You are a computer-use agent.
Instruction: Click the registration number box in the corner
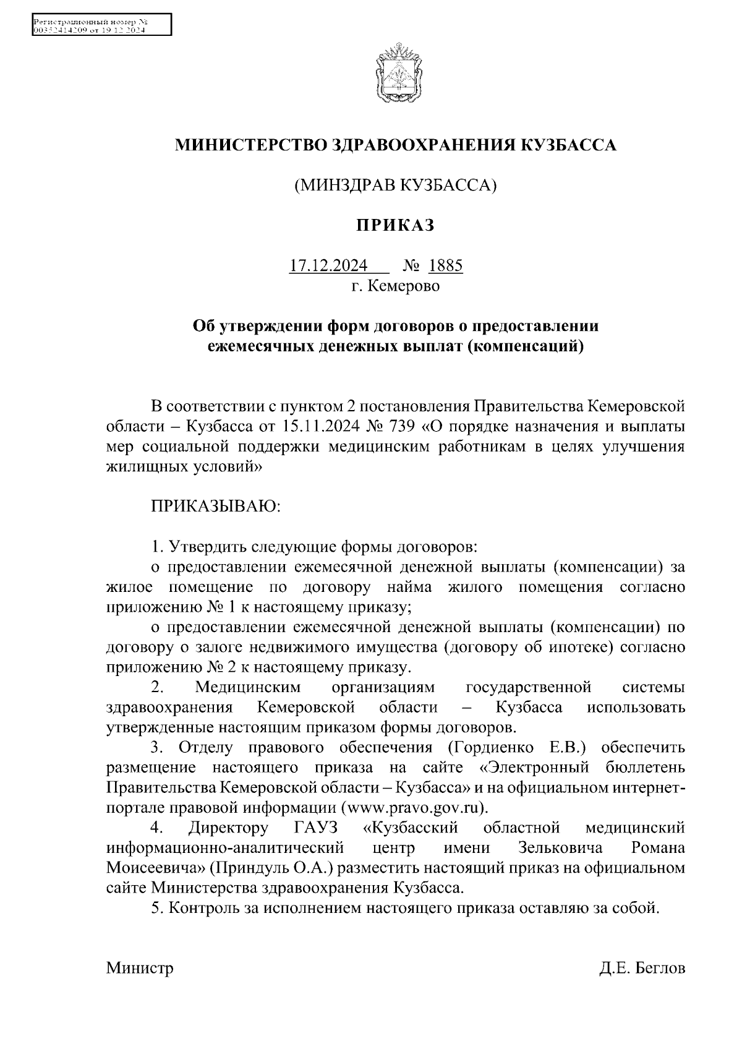(x=101, y=26)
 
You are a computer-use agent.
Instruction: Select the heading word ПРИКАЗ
(x=394, y=226)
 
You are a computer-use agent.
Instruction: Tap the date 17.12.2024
(x=328, y=266)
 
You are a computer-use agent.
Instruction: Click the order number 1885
(x=445, y=266)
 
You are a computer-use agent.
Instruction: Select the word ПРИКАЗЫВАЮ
(x=216, y=507)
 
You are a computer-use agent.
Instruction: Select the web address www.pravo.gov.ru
(x=415, y=808)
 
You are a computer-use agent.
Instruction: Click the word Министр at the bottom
(x=140, y=968)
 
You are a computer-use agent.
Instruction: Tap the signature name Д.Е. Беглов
(x=642, y=968)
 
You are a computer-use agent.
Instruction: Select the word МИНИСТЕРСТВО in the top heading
(x=252, y=145)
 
